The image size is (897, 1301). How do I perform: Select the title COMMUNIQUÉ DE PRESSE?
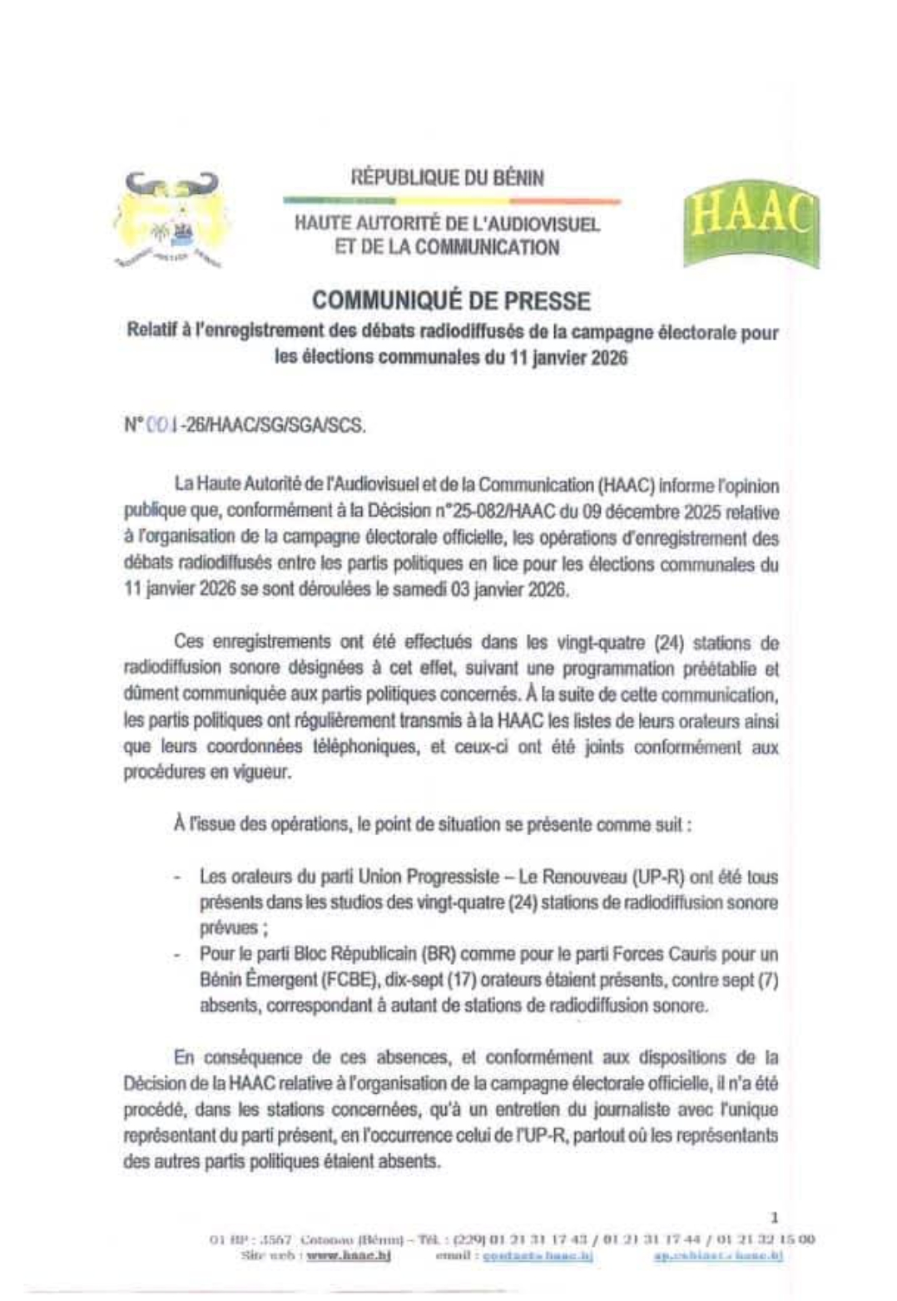tap(450, 301)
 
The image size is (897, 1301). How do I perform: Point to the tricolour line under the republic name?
tap(451, 200)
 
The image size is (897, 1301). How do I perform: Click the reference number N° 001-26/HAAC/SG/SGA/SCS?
tap(244, 425)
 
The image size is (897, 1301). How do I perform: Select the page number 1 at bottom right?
tap(775, 1217)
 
